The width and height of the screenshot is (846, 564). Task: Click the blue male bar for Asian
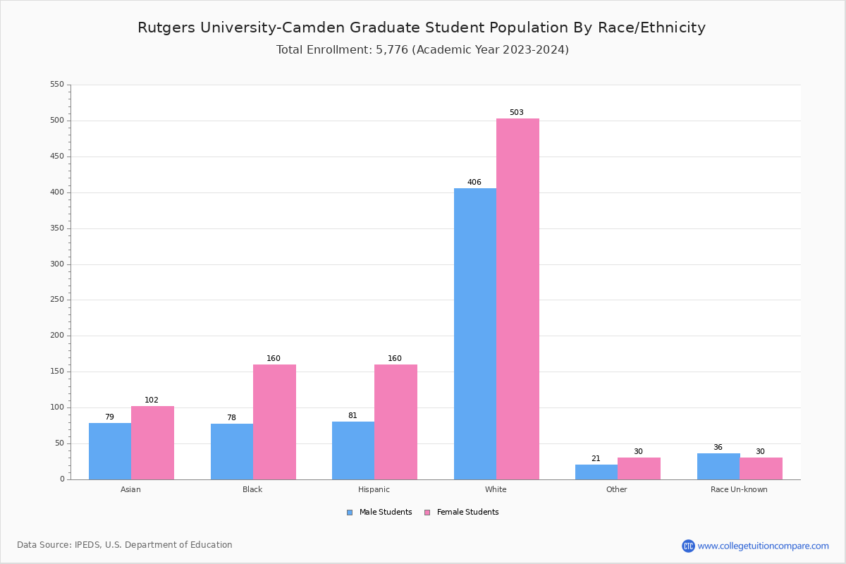pos(110,451)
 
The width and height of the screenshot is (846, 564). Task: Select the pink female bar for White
pos(517,299)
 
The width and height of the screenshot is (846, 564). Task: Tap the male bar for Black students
pos(232,451)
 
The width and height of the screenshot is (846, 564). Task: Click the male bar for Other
pos(596,472)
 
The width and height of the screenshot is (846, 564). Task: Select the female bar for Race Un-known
pos(761,468)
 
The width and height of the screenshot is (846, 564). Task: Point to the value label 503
pos(517,113)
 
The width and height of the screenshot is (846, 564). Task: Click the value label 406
pos(474,183)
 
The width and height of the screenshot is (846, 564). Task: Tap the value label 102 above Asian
pos(152,400)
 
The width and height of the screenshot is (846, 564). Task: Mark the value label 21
pos(596,459)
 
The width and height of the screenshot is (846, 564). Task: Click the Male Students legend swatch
pos(350,513)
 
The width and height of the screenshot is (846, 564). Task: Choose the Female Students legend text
pos(467,513)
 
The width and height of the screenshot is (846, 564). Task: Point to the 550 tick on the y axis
pos(57,85)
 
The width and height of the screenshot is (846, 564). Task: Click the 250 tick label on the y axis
pos(57,300)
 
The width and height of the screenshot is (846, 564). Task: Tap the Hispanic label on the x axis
pos(374,489)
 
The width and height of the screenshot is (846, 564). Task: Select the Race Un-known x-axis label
pos(739,489)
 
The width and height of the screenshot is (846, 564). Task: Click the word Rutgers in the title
pos(166,28)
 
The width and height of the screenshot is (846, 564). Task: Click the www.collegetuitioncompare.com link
pos(763,546)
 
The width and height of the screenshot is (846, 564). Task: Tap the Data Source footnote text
pos(125,545)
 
